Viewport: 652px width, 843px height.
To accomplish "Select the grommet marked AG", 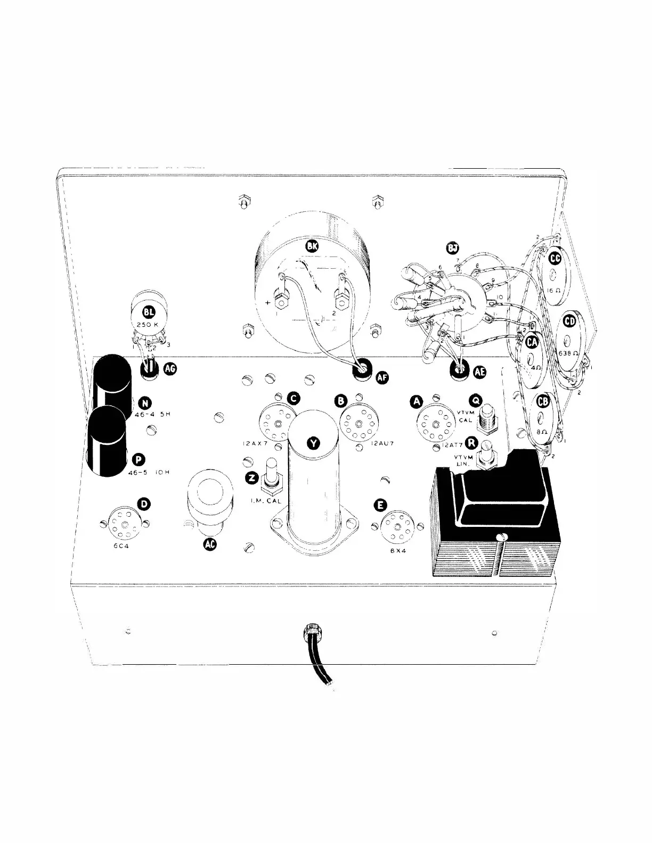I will click(150, 368).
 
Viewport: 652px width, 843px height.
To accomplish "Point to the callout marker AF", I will click(382, 377).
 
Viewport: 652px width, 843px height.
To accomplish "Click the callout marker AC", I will click(210, 544).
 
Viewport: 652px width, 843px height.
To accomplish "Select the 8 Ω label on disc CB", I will click(541, 433).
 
